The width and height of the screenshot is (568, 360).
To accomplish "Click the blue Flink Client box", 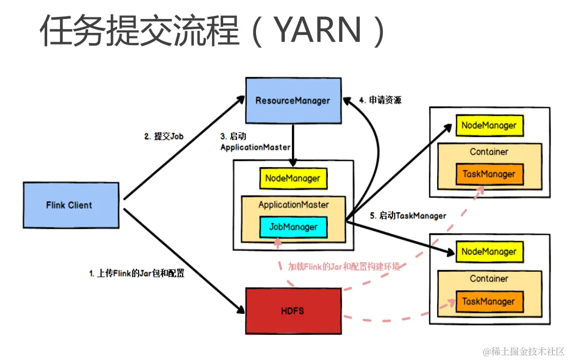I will (69, 205).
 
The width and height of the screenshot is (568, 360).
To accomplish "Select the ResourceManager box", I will (293, 101).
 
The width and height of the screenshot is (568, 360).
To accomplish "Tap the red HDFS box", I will (293, 311).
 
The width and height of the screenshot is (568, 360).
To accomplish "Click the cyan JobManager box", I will (293, 227).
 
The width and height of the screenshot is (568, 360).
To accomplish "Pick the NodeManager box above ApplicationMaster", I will (293, 178).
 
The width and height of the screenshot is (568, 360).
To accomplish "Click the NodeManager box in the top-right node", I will (488, 126).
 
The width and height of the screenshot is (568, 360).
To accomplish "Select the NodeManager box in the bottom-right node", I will (488, 252).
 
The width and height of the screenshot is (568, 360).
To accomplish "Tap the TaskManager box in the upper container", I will (488, 174).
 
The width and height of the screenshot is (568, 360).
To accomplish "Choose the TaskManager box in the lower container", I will (488, 301).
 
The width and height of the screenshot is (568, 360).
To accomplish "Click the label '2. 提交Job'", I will (164, 136).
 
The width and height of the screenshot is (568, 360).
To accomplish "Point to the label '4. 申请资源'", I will (380, 101).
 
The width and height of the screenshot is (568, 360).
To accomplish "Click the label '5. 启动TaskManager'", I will (408, 216).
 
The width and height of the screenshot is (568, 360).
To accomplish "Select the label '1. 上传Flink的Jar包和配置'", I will (137, 273).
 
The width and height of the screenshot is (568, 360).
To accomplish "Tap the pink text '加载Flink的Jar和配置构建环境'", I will (344, 267).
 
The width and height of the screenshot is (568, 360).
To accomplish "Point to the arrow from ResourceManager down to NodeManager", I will (292, 145).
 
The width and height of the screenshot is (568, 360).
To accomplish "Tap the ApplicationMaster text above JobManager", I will (293, 205).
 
